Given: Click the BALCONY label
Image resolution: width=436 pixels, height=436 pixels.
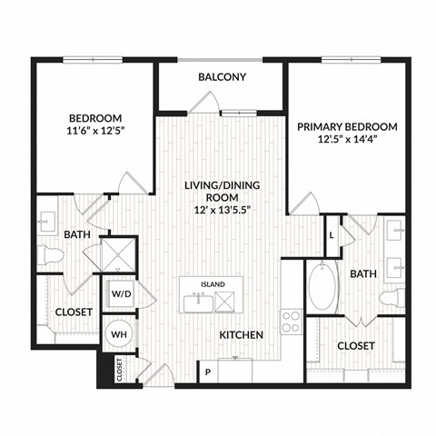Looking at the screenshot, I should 222,77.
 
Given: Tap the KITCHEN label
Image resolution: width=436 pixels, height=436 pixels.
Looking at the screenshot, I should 241,335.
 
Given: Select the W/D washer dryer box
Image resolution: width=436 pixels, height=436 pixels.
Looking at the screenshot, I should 120,294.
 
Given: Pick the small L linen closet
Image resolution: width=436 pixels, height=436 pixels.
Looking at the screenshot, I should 333,234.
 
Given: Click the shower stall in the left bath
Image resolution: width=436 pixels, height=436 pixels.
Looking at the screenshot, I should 120,254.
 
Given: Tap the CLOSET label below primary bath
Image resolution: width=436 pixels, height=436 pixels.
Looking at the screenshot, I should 356,346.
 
